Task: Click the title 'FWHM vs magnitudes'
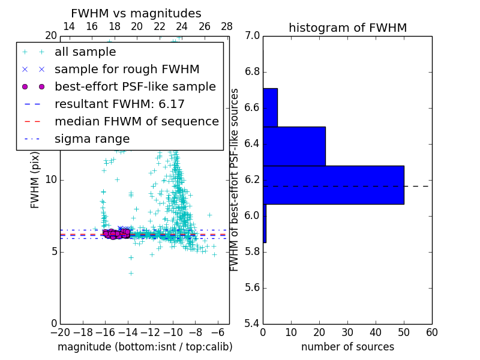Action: coord(136,14)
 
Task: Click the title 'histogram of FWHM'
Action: coord(347,28)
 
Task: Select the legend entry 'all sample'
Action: coord(85,52)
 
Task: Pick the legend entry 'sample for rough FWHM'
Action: coord(127,70)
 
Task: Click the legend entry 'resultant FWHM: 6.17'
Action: coord(119,104)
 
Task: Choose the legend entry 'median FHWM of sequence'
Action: coord(136,122)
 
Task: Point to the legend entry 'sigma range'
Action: coord(92,139)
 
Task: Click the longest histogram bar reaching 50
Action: coord(333,185)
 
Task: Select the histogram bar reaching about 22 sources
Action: coord(294,146)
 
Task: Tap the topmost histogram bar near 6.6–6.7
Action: coord(270,107)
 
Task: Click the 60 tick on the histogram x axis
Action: coord(431,332)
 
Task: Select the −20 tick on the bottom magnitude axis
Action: coord(60,332)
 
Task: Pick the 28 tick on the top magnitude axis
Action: coord(227,26)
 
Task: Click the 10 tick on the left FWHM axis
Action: coord(51,180)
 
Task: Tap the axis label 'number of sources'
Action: coord(347,347)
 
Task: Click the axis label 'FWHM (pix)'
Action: coord(35,179)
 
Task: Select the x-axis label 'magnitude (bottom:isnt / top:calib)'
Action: coord(145,347)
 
